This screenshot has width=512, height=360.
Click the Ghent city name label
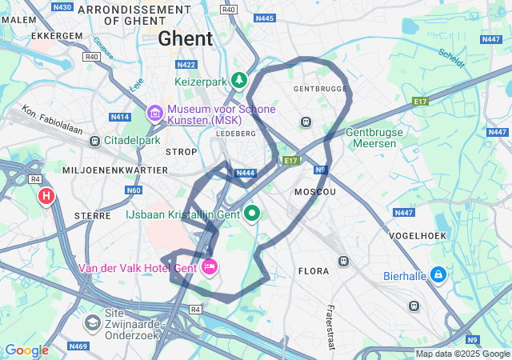pyautogui.click(x=186, y=38)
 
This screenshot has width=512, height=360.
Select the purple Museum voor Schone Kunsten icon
pyautogui.click(x=154, y=114)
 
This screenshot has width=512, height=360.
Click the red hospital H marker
pyautogui.click(x=47, y=195)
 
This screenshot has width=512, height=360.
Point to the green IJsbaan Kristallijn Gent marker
pyautogui.click(x=253, y=213)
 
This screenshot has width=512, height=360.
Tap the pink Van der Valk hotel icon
pyautogui.click(x=210, y=266)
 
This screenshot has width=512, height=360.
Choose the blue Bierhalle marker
pyautogui.click(x=438, y=275)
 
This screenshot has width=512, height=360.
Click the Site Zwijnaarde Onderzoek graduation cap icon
pyautogui.click(x=92, y=322)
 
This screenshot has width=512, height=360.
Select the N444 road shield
pyautogui.click(x=246, y=173)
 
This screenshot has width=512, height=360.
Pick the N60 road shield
pyautogui.click(x=134, y=190)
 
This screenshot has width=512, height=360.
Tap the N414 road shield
pyautogui.click(x=120, y=117)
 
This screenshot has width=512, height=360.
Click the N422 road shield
pyautogui.click(x=186, y=64)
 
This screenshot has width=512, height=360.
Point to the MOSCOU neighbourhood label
pyautogui.click(x=315, y=193)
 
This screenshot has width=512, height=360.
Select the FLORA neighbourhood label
pyautogui.click(x=313, y=271)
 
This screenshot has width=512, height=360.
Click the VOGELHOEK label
pyautogui.click(x=416, y=236)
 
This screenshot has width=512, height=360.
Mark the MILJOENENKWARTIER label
pyautogui.click(x=115, y=170)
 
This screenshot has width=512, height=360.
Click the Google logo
pyautogui.click(x=26, y=350)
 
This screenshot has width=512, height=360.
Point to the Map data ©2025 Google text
pyautogui.click(x=462, y=354)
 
